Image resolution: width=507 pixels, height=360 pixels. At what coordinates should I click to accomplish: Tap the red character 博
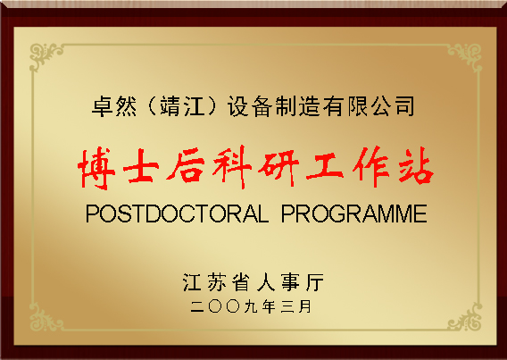tap(100, 167)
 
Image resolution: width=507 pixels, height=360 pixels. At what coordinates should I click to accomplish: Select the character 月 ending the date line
tap(306, 306)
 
